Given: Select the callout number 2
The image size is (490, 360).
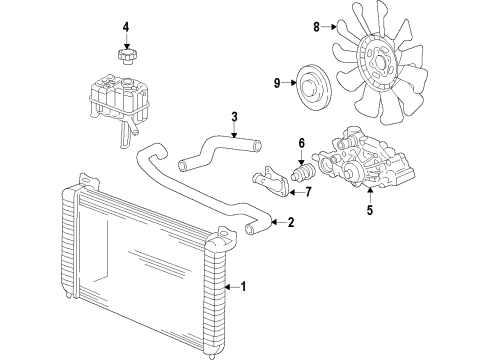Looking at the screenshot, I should (291, 223).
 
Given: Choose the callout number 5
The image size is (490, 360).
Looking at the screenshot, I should (370, 211).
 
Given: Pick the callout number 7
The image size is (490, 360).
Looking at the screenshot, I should (308, 192).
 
